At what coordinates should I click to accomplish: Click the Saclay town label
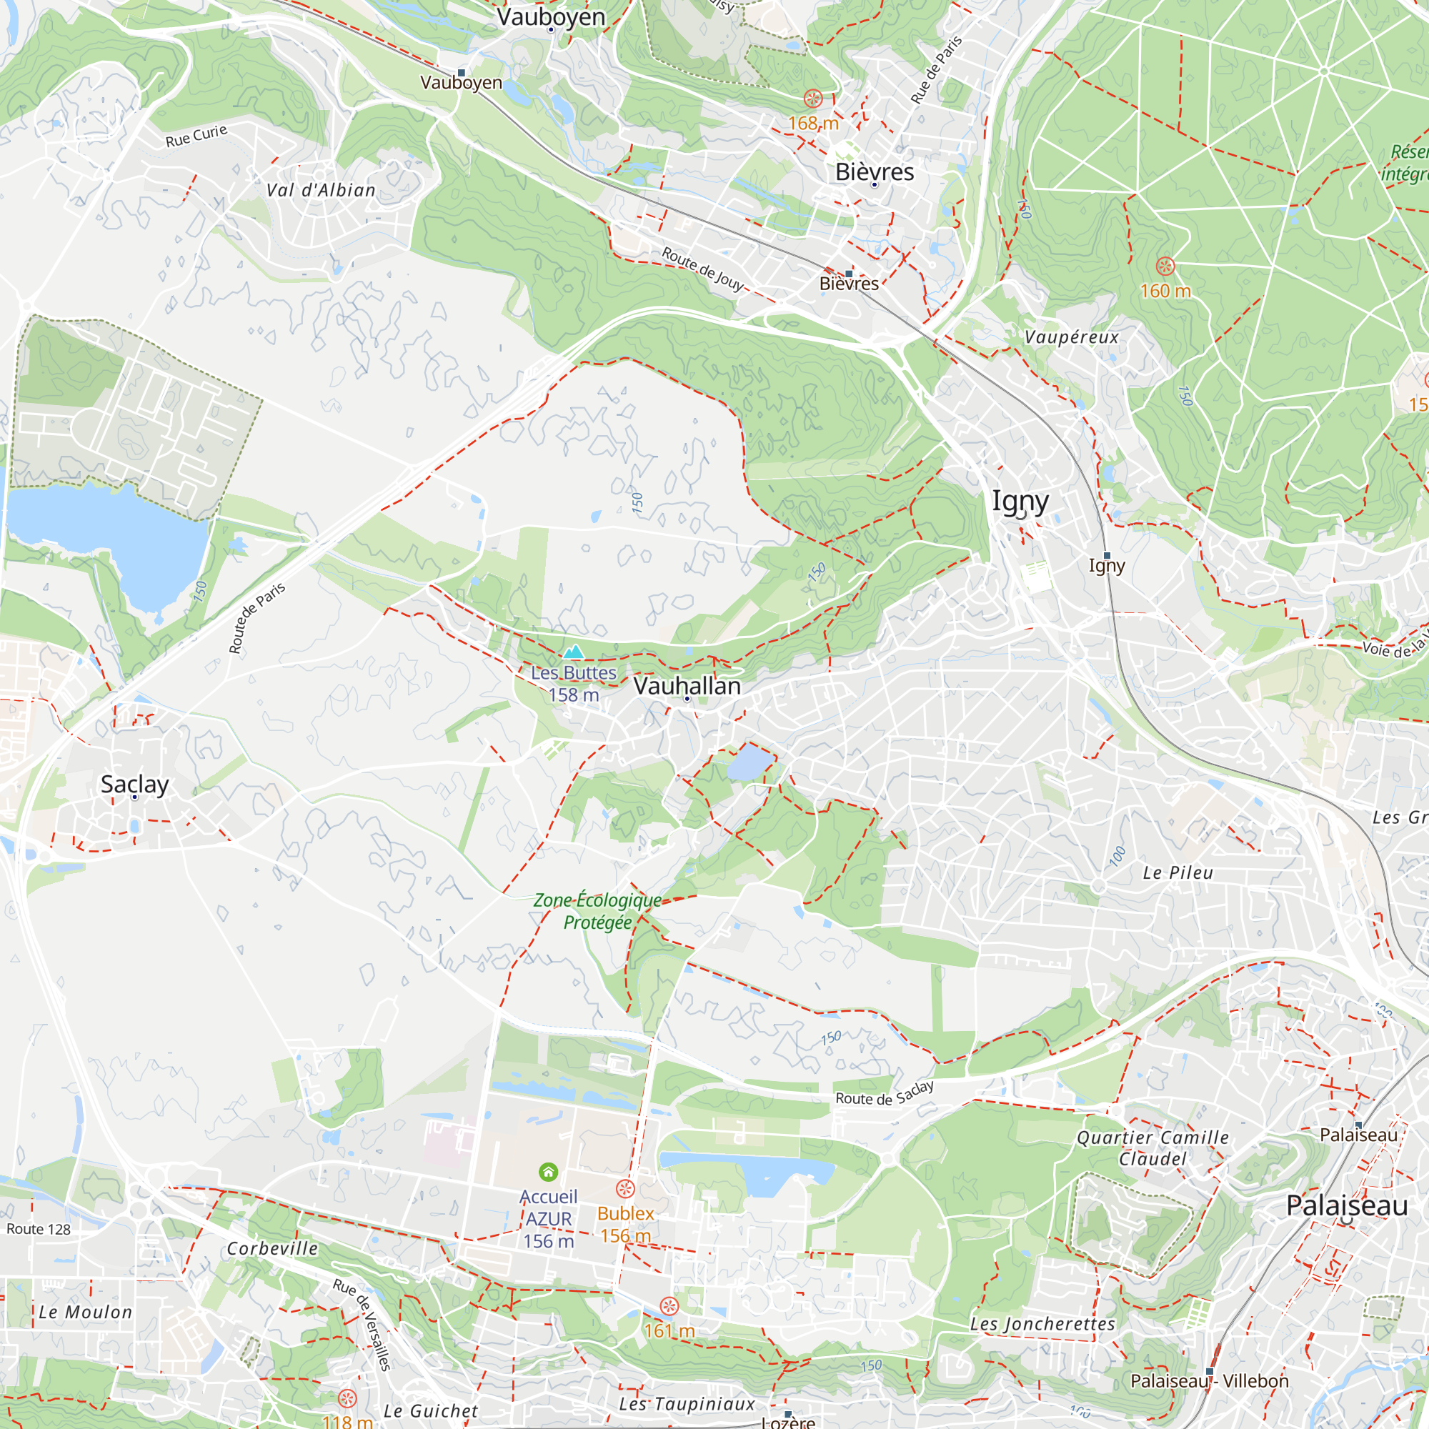(x=134, y=784)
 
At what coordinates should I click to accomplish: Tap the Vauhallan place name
(x=687, y=686)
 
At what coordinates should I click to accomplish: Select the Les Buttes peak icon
(x=573, y=652)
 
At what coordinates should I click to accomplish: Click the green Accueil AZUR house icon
(x=548, y=1172)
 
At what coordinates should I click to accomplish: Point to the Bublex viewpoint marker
(x=625, y=1189)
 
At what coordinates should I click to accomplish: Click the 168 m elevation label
(x=813, y=123)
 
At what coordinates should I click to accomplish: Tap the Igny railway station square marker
(x=1107, y=555)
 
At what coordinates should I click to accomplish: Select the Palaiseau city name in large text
(x=1346, y=1205)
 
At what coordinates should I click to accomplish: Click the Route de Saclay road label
(x=884, y=1094)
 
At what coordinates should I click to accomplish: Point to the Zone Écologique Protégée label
(x=597, y=911)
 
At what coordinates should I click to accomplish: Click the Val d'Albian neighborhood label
(x=321, y=190)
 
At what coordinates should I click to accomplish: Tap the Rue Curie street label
(x=196, y=136)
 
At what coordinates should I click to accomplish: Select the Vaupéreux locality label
(x=1071, y=337)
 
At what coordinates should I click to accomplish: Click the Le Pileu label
(x=1177, y=873)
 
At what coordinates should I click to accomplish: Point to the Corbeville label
(x=272, y=1248)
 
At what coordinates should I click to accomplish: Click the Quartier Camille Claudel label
(x=1152, y=1148)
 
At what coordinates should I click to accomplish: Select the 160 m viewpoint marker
(x=1165, y=267)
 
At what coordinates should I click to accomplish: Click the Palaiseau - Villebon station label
(x=1210, y=1381)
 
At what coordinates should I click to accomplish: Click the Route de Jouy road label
(x=702, y=269)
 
